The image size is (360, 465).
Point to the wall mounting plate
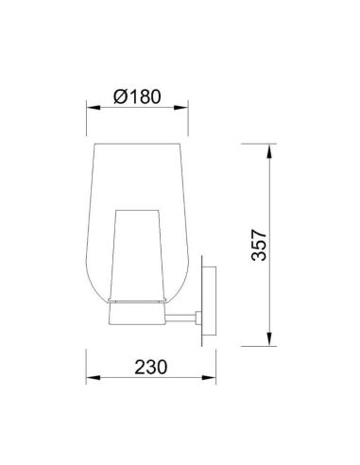tap(214, 302)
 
